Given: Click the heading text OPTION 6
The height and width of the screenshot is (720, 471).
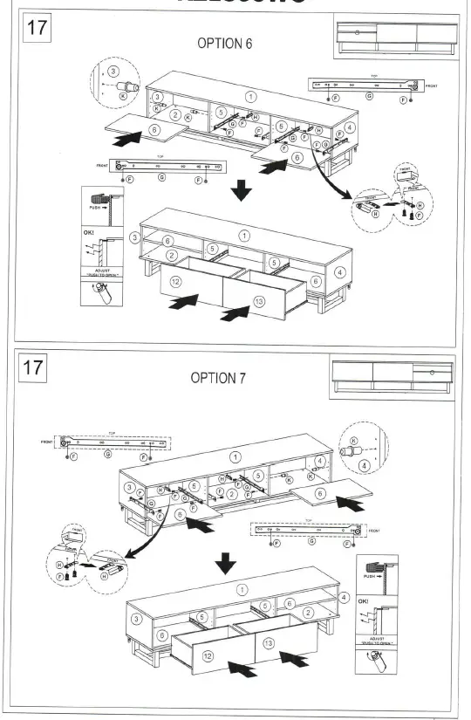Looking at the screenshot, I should coord(226,45).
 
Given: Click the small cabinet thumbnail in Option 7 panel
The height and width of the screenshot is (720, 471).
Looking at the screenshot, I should coord(392,378).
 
